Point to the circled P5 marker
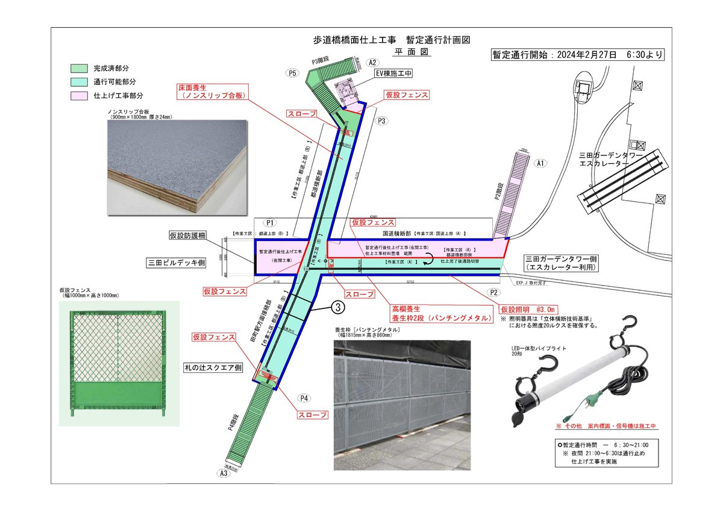coord(293,73)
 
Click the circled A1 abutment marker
coord(540,163)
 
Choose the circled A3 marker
coord(224,473)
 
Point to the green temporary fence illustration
coord(117,361)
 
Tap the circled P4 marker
coord(304,399)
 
